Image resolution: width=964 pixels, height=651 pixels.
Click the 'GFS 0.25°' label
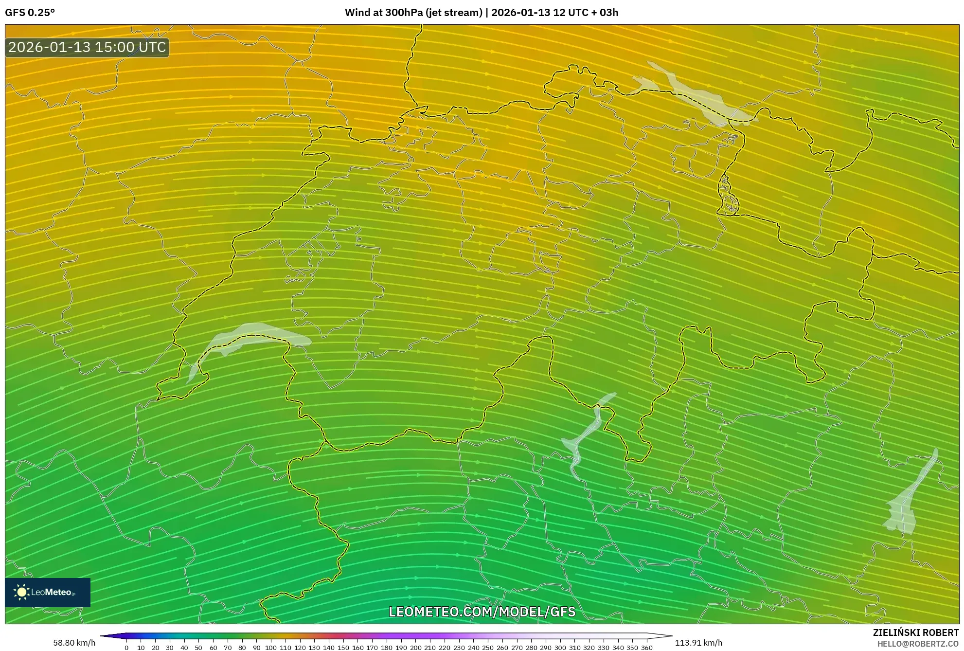[x=30, y=13]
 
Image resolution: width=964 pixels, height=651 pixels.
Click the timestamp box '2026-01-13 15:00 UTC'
[x=87, y=47]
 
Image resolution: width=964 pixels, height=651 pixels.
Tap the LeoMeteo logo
[x=47, y=592]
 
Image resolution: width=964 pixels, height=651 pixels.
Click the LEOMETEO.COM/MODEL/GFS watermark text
[x=482, y=612]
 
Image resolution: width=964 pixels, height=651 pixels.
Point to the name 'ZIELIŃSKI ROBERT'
[x=915, y=633]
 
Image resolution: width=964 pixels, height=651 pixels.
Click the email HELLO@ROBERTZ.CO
[x=917, y=644]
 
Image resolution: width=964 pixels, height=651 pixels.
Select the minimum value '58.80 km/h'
[x=74, y=643]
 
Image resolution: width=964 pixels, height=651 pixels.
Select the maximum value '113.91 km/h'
[x=698, y=643]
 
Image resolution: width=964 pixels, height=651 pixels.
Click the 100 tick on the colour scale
[x=271, y=648]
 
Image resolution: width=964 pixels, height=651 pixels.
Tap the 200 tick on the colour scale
[x=415, y=648]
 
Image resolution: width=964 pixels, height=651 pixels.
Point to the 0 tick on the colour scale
[x=126, y=648]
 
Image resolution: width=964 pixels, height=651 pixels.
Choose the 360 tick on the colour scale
[x=646, y=648]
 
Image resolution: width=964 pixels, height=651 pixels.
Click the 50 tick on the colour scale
[x=198, y=648]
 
